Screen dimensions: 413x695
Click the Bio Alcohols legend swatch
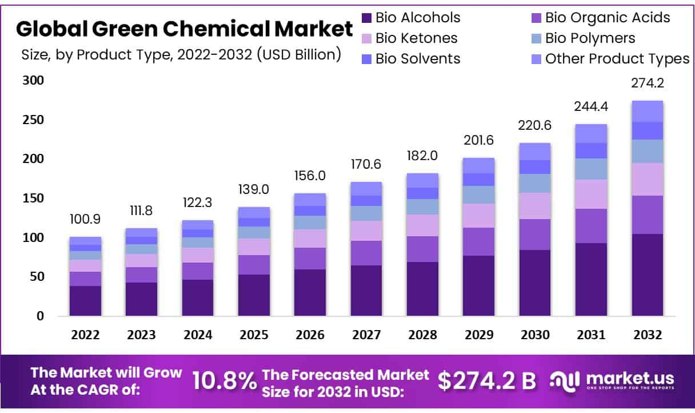367,18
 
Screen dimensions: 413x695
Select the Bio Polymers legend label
589,38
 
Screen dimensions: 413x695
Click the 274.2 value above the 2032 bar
647,84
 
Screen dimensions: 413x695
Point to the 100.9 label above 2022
85,219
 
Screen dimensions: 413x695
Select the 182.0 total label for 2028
422,156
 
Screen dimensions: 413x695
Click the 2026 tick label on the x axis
310,335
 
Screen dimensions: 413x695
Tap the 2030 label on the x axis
534,335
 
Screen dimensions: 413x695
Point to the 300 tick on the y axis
33,81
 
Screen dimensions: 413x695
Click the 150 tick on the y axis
33,198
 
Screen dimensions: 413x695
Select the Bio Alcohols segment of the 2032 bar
647,275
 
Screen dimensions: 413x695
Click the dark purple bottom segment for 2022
85,300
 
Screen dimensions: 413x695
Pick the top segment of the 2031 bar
591,133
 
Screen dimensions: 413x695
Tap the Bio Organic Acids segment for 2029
478,241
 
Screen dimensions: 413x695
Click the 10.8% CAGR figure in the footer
224,381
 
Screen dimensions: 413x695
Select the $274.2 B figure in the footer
487,381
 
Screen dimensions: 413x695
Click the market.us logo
612,380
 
